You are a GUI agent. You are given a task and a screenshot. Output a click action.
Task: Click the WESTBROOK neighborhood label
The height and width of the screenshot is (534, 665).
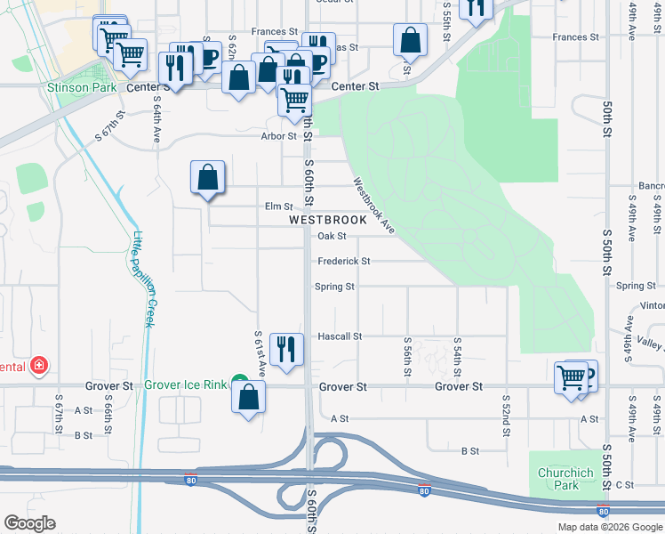click(328, 220)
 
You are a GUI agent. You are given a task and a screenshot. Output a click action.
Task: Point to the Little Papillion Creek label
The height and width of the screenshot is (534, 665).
click(143, 278)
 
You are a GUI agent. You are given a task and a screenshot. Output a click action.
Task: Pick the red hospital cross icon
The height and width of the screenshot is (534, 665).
click(38, 365)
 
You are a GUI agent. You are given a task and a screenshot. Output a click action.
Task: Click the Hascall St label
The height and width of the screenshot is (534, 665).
click(340, 336)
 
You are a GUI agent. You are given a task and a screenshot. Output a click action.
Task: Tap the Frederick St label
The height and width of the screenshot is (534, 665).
click(344, 262)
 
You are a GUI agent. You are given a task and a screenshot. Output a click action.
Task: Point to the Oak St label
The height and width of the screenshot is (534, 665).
click(332, 236)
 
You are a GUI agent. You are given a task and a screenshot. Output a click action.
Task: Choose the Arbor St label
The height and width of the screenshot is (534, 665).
click(278, 136)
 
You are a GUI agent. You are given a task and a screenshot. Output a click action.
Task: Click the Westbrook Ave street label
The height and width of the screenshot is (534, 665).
click(373, 206)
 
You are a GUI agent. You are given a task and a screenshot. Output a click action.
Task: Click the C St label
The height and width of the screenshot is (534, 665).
click(624, 485)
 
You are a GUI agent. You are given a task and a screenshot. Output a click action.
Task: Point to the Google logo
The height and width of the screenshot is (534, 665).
click(29, 523)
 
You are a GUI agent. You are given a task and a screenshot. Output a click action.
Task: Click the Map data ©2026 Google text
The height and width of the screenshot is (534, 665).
click(609, 527)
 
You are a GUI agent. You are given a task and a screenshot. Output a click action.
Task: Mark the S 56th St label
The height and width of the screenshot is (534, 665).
click(406, 355)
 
